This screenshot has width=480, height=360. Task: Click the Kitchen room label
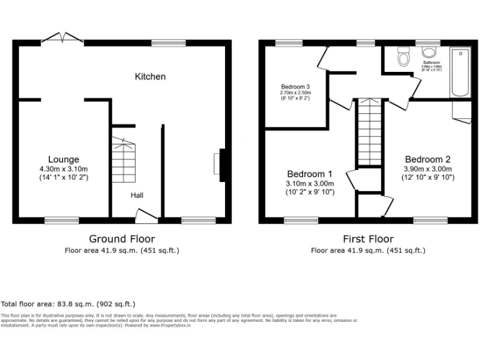[x=151, y=77]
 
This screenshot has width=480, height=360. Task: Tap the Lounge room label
[x=64, y=159]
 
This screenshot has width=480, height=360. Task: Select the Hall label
[x=137, y=196]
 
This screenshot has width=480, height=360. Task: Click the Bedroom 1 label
[x=309, y=174]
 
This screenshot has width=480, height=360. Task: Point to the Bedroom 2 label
[x=427, y=159]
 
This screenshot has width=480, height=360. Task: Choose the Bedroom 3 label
[x=295, y=87]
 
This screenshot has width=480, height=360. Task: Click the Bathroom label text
[x=431, y=63]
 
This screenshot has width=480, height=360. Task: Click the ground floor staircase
[x=123, y=161]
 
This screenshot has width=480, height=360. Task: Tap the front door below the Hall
[x=147, y=217]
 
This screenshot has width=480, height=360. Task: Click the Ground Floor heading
[x=122, y=239]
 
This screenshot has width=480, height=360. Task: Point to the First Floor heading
[x=368, y=239]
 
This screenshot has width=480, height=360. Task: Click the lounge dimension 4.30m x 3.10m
[x=64, y=169]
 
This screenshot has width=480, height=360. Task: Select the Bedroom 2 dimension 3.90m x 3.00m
[x=427, y=169]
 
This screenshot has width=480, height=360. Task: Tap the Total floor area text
[x=67, y=304]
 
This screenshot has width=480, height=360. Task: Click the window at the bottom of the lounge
[x=61, y=220]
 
